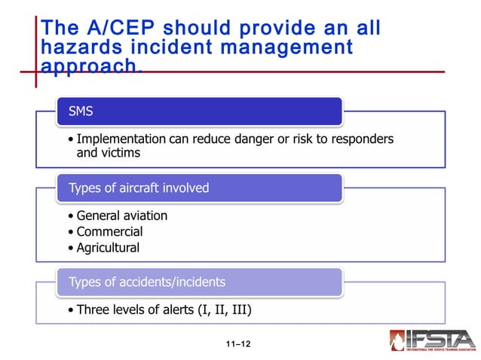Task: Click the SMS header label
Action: coord(82,111)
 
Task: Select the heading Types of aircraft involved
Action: coord(139,188)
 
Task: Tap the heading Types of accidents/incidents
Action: coord(146,282)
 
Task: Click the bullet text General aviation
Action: coord(121,215)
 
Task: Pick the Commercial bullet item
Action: coord(109,231)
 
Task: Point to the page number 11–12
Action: coord(237,344)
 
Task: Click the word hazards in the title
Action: coord(84,47)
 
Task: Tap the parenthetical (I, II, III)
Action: coord(219,310)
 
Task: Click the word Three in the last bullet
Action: coord(93,310)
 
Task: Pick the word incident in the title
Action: coord(181,47)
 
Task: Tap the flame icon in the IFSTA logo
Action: coord(397,340)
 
